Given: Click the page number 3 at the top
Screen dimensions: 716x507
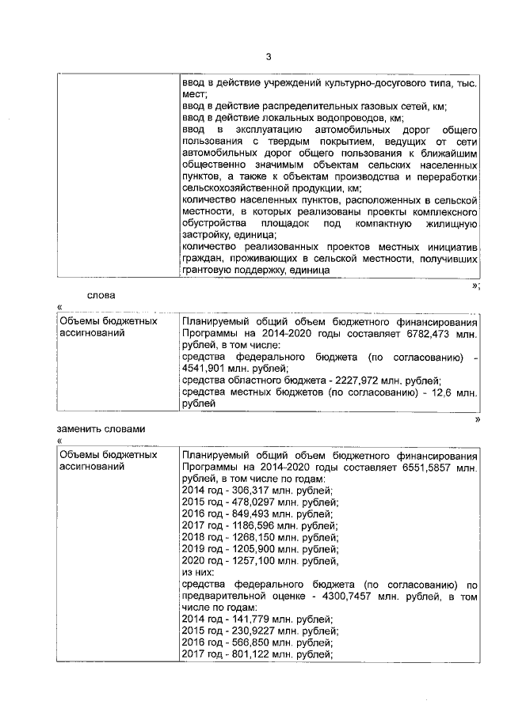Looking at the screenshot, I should pos(268,56).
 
